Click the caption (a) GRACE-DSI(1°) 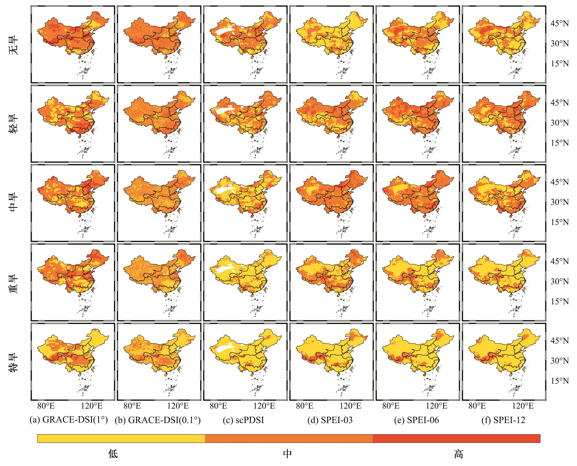[69, 420]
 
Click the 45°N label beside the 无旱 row [560, 24]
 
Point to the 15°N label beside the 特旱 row [560, 381]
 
